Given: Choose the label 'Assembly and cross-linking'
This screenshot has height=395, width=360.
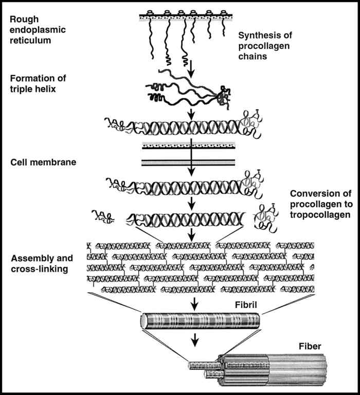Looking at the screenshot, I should [42, 263].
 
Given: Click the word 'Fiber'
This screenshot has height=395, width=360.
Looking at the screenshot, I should [311, 347].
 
